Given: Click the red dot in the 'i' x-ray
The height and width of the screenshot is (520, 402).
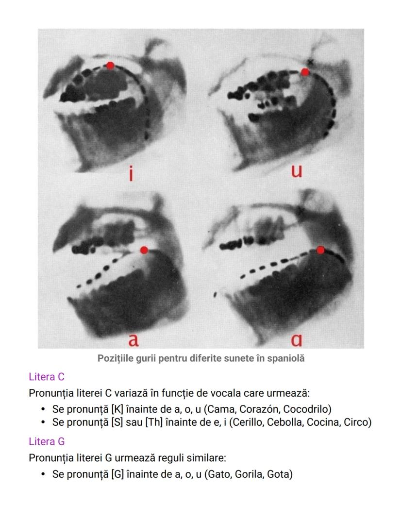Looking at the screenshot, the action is click(x=110, y=66).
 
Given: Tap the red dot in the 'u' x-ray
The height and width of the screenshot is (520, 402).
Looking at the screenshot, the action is click(x=305, y=72).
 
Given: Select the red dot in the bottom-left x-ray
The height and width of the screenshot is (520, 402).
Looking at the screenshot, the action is click(x=144, y=250).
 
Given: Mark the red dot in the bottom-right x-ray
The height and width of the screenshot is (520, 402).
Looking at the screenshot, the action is click(x=320, y=250).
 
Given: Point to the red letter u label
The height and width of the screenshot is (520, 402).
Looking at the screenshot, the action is click(x=297, y=171).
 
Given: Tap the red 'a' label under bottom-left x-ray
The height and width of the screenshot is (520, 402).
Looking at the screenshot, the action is click(x=134, y=339).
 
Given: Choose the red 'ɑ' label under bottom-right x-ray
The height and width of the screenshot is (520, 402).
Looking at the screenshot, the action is click(x=297, y=339).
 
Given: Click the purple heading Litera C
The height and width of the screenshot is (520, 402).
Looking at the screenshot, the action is click(x=47, y=377).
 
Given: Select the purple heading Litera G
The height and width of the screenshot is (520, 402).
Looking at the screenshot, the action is click(x=47, y=441).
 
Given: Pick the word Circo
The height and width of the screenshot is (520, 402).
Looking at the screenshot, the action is click(x=357, y=422).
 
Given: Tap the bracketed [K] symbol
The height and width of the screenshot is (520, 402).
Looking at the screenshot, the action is click(x=117, y=409).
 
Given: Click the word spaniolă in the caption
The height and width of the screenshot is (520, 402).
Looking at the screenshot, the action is click(x=285, y=358).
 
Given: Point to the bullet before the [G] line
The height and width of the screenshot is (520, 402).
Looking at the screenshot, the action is click(x=43, y=474).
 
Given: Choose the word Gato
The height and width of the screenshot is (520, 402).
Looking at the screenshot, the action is click(x=219, y=474).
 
